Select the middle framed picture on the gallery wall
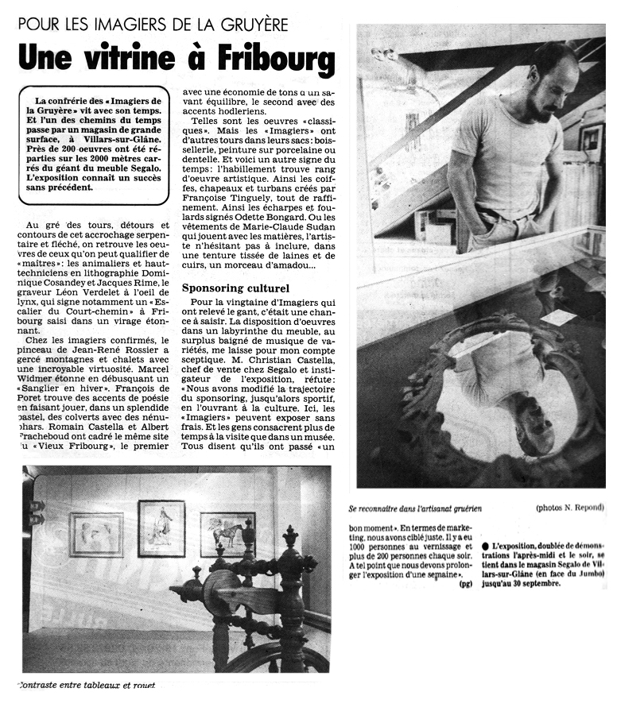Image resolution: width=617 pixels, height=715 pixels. [161, 528]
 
